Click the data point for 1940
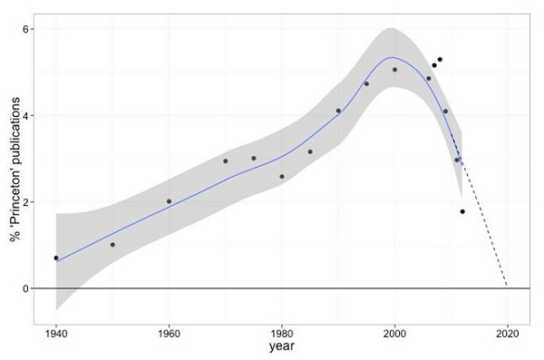[x=56, y=258]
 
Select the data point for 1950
[x=112, y=245]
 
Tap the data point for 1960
[x=169, y=201]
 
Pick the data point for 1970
[x=226, y=161]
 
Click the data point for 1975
[x=254, y=159]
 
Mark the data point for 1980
[x=282, y=177]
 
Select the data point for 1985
[x=310, y=152]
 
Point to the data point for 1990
[x=338, y=112]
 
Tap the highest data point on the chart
[x=440, y=60]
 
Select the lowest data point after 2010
[x=462, y=211]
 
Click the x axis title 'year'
[x=281, y=346]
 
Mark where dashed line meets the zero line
[x=506, y=288]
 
